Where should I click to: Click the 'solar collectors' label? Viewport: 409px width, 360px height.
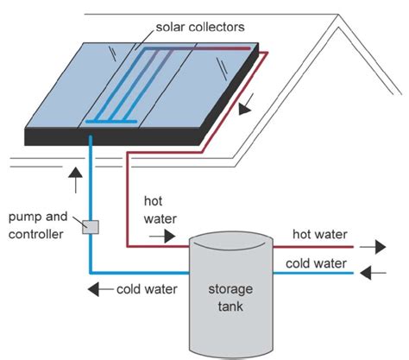pos(201,28)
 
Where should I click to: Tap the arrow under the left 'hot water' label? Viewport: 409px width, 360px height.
pos(166,235)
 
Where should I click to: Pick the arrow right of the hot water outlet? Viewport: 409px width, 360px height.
pos(374,246)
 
